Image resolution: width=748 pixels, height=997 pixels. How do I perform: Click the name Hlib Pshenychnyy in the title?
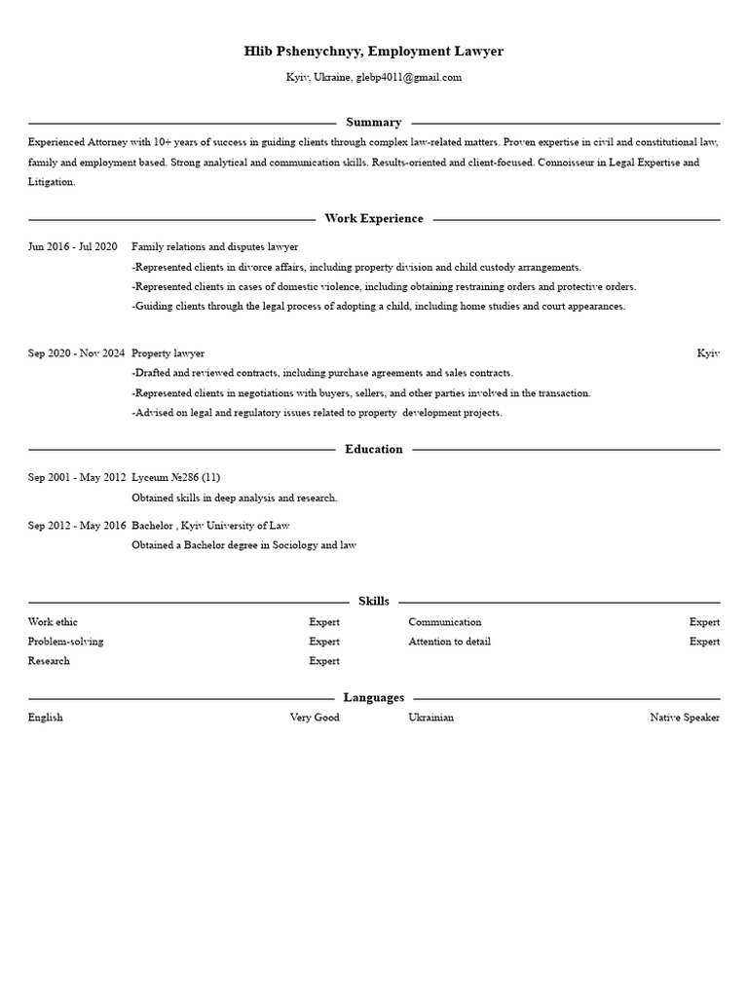tap(303, 51)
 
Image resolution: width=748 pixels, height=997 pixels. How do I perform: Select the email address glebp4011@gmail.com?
tap(408, 77)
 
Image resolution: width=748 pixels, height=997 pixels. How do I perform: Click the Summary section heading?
tap(373, 123)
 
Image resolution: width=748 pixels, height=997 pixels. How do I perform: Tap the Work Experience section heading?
tap(373, 219)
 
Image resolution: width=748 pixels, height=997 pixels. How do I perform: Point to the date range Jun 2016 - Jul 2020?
tap(73, 247)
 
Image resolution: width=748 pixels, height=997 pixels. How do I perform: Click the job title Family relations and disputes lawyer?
tap(214, 247)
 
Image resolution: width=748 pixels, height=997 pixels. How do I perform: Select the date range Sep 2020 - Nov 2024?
tap(76, 352)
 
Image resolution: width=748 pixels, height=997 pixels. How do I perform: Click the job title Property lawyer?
tap(168, 352)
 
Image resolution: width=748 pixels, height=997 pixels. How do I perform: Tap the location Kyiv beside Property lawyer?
tap(708, 352)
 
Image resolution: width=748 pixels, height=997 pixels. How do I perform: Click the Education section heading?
tap(373, 449)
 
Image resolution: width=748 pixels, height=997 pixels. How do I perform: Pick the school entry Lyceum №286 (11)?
tap(175, 477)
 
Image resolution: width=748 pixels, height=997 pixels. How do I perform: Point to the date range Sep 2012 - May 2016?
tap(76, 526)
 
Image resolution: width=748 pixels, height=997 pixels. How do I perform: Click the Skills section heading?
tap(373, 602)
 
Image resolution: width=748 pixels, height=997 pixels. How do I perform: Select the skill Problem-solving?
tap(65, 642)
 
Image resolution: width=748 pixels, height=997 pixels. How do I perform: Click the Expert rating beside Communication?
tap(704, 622)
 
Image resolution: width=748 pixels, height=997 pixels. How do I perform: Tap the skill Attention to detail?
tap(449, 642)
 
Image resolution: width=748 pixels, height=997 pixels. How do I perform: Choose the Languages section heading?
tap(373, 698)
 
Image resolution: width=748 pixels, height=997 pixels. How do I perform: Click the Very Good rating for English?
tap(314, 718)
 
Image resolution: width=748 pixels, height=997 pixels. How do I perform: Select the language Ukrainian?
tap(430, 718)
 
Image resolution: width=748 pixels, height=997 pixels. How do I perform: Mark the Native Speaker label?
tap(685, 718)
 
